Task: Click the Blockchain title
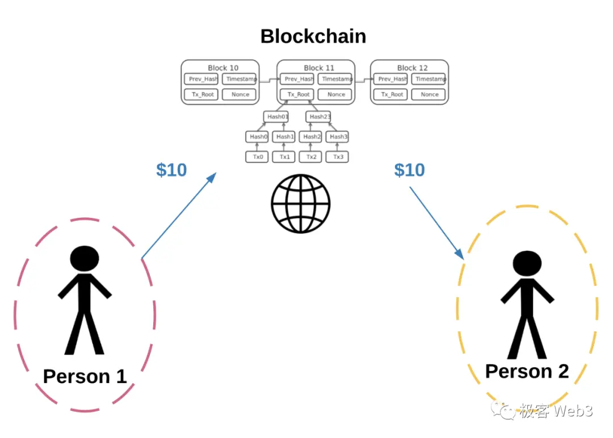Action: pyautogui.click(x=313, y=37)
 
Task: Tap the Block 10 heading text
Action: pyautogui.click(x=223, y=68)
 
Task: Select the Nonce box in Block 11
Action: pyautogui.click(x=336, y=94)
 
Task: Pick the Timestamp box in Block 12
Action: pyautogui.click(x=430, y=79)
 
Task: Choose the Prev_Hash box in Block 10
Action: pyautogui.click(x=201, y=79)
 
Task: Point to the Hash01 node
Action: pyautogui.click(x=276, y=117)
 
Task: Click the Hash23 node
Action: pyautogui.click(x=319, y=117)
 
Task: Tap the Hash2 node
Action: pyautogui.click(x=311, y=137)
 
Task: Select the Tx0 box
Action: pyautogui.click(x=257, y=157)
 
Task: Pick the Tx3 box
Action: pyautogui.click(x=338, y=157)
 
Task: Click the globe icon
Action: pyautogui.click(x=301, y=203)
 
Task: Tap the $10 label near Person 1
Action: pyautogui.click(x=171, y=170)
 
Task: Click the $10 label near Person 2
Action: pyautogui.click(x=409, y=170)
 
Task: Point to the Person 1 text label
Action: pyautogui.click(x=85, y=376)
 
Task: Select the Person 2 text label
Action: pyautogui.click(x=527, y=372)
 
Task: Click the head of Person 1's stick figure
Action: pyautogui.click(x=85, y=258)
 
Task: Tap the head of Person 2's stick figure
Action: pyautogui.click(x=527, y=264)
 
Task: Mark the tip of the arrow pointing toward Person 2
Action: pyautogui.click(x=463, y=259)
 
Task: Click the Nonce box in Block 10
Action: pyautogui.click(x=240, y=94)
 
